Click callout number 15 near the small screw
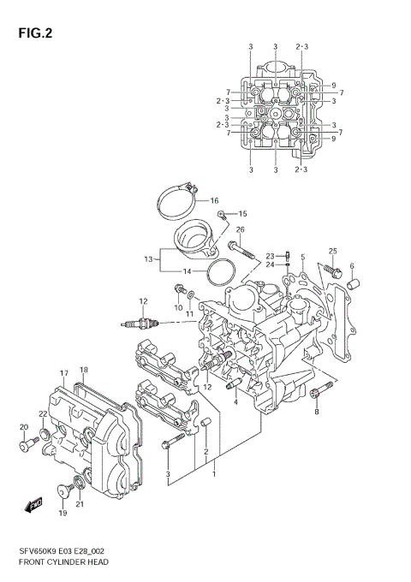pos(242,213)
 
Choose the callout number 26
pos(241,230)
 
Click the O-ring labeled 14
pos(220,275)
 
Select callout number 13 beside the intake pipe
pos(147,258)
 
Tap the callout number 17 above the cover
pos(63,372)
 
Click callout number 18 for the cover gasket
pos(84,370)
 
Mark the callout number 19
pos(62,513)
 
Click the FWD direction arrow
pos(35,505)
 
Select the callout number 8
pos(316,413)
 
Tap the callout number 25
pos(333,251)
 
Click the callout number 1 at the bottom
pos(215,473)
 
